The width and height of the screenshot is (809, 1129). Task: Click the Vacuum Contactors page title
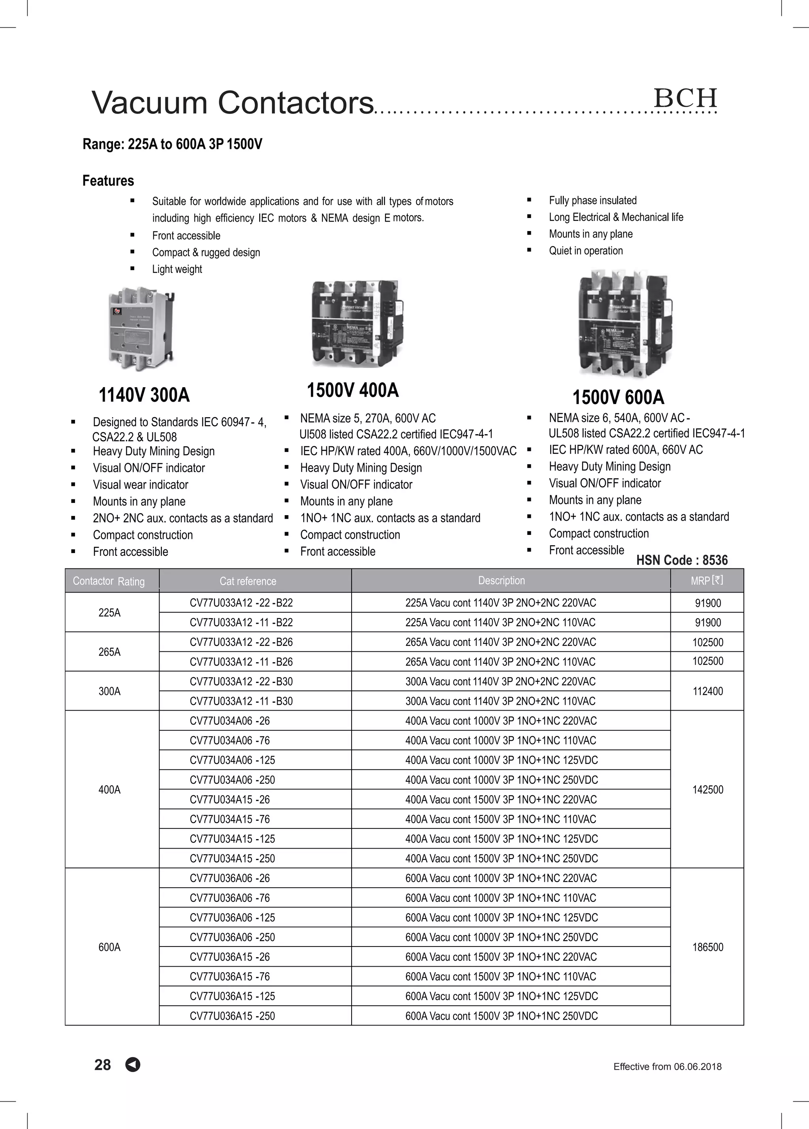pos(233,103)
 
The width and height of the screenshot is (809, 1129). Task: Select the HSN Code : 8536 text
pos(681,560)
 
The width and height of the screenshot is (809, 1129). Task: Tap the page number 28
pos(103,1064)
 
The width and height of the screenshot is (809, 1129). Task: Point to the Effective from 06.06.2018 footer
pos(667,1066)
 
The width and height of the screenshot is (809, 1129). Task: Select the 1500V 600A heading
pos(618,397)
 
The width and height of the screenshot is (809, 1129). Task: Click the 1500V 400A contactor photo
pos(356,324)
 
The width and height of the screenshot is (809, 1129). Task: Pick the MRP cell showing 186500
pos(707,947)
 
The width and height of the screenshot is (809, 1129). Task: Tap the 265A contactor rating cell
pos(109,652)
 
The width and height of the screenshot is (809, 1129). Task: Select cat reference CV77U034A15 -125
pos(232,839)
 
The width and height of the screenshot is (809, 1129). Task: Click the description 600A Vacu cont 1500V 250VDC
pos(501,1016)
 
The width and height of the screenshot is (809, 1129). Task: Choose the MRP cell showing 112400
pos(707,691)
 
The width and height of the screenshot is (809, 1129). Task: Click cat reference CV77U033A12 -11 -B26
pos(241,662)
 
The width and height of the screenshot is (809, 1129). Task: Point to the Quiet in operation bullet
pos(585,250)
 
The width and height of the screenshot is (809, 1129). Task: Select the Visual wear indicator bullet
pos(140,484)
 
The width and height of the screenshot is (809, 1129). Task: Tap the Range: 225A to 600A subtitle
pos(172,144)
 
